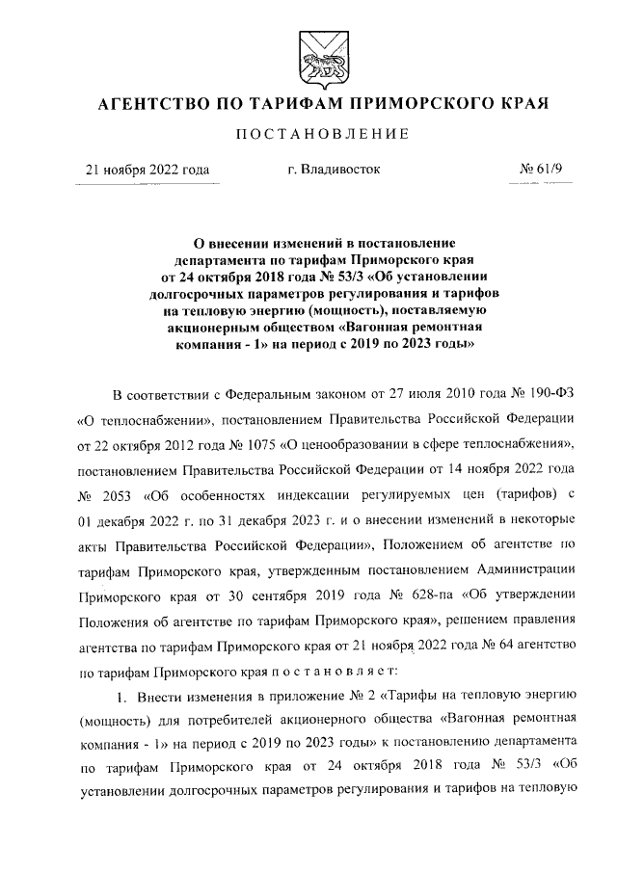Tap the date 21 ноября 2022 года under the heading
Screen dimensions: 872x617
[148, 170]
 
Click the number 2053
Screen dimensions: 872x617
[110, 497]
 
